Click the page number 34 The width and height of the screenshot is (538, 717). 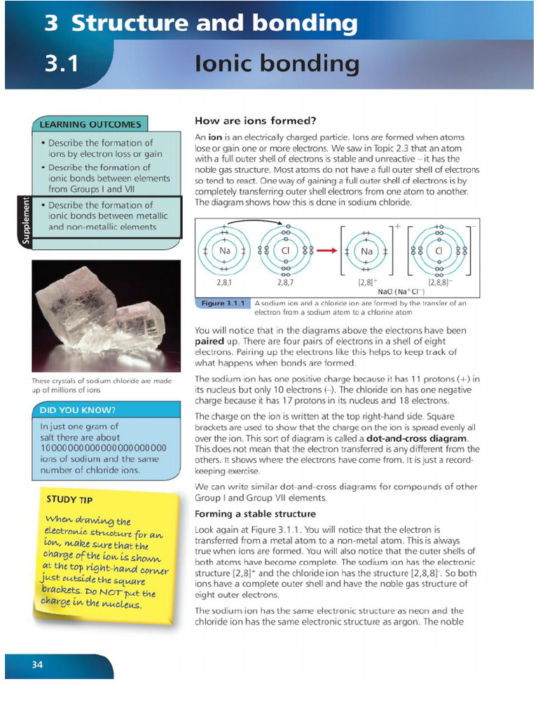pyautogui.click(x=37, y=664)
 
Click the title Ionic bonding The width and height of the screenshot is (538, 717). pyautogui.click(x=277, y=64)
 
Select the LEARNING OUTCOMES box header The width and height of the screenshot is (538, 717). pyautogui.click(x=90, y=125)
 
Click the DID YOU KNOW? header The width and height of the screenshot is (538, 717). pyautogui.click(x=78, y=410)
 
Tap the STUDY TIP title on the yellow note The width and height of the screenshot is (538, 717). pyautogui.click(x=69, y=499)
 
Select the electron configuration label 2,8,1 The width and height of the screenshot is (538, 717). pyautogui.click(x=225, y=283)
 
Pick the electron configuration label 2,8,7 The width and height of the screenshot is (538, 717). pyautogui.click(x=285, y=283)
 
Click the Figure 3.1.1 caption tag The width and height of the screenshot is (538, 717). pyautogui.click(x=221, y=303)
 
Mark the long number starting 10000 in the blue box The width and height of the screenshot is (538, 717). pyautogui.click(x=103, y=448)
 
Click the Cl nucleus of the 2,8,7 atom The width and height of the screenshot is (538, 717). pyautogui.click(x=285, y=251)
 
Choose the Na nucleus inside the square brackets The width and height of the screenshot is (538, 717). pyautogui.click(x=366, y=251)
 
